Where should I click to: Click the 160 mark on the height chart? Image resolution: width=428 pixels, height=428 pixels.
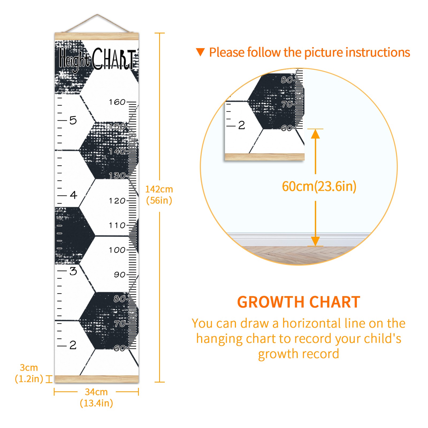117,102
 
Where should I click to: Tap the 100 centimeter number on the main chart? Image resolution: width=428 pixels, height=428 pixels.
117,250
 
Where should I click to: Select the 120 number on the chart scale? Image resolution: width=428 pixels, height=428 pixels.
117,201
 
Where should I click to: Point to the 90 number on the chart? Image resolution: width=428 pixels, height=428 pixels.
120,274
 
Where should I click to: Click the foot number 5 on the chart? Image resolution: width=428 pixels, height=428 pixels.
73,120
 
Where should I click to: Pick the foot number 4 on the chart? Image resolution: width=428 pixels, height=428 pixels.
74,195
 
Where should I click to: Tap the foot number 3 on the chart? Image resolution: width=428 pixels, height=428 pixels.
73,271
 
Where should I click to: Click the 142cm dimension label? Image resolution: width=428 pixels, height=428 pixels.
159,189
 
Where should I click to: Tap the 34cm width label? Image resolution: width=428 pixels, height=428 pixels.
96,392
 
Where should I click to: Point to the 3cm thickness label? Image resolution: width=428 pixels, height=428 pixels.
29,368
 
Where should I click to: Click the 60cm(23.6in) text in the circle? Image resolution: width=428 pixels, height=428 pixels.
319,186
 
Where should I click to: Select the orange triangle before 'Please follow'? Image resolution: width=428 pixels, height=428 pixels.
200,52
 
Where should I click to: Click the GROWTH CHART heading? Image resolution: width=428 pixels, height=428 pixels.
299,302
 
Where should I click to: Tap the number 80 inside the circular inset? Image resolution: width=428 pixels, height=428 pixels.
286,80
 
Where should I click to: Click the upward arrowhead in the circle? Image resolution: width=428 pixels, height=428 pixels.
315,134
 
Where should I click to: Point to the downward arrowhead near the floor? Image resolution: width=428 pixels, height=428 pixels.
315,241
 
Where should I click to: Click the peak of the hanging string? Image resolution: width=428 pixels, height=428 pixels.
97,14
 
